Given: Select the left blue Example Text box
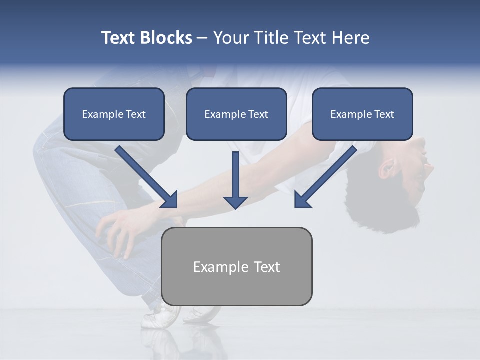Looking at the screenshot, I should (114, 114).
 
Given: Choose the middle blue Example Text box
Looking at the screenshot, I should (236, 114).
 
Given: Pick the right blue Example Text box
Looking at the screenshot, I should (362, 114).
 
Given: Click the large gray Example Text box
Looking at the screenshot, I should (236, 266).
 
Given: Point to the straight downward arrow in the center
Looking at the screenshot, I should (235, 180).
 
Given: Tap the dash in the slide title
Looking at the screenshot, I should (202, 38).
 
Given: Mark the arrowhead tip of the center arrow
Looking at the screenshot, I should (235, 207).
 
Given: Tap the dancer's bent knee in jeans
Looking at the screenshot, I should (47, 150).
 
